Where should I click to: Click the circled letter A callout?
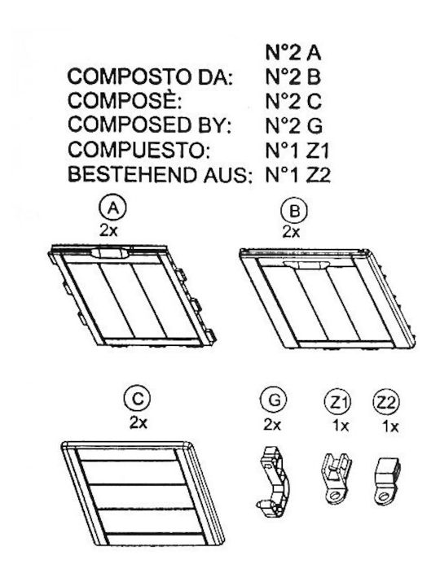click(x=113, y=208)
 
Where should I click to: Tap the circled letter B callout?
click(x=294, y=211)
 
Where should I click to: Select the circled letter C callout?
click(x=138, y=399)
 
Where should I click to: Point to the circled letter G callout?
click(x=274, y=400)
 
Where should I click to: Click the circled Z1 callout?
click(x=338, y=403)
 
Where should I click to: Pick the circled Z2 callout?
click(x=386, y=403)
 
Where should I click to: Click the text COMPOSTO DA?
click(x=151, y=77)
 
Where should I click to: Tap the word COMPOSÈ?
click(x=125, y=101)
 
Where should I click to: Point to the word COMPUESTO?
click(x=139, y=150)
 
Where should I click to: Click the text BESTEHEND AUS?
click(x=159, y=174)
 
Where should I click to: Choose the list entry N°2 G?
click(x=293, y=126)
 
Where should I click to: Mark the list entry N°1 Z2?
click(x=298, y=175)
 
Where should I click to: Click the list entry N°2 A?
click(x=293, y=52)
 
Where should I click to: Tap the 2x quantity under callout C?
click(x=139, y=423)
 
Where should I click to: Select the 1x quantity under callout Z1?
click(x=341, y=426)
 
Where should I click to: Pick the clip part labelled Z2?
click(x=387, y=481)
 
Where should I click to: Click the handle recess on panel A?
click(x=110, y=252)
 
